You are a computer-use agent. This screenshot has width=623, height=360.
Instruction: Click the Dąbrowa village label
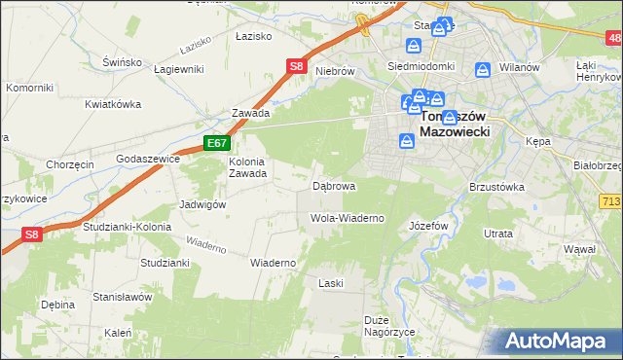pyautogui.click(x=333, y=185)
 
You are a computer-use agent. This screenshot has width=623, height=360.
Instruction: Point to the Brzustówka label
pyautogui.click(x=496, y=186)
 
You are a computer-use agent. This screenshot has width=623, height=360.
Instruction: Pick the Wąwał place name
pyautogui.click(x=579, y=249)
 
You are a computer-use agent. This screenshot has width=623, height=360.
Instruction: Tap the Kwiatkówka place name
pyautogui.click(x=113, y=104)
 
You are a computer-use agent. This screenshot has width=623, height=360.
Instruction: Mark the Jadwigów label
pyautogui.click(x=202, y=205)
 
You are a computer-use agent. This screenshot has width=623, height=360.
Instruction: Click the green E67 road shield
pyautogui.click(x=216, y=143)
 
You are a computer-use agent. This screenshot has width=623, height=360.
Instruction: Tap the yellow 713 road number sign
pyautogui.click(x=610, y=199)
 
